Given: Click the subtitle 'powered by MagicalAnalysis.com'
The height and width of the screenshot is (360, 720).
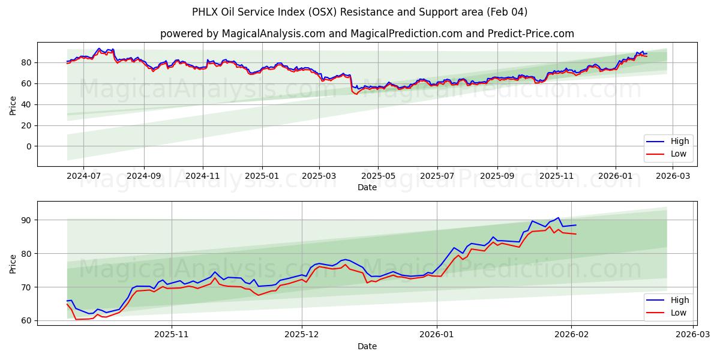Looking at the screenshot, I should (x=367, y=34).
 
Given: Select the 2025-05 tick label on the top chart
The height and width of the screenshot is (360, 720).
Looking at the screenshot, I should (x=378, y=176).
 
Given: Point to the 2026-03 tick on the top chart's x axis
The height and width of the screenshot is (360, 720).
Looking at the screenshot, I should (x=674, y=176).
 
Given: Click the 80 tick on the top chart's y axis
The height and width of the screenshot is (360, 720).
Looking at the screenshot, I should (x=26, y=62).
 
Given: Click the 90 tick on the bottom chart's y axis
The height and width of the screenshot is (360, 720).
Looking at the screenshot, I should (x=26, y=220).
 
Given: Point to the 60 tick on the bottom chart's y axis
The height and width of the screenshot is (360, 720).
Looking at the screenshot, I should (x=26, y=321).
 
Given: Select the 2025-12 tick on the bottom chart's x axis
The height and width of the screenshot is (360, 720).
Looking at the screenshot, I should (x=302, y=335).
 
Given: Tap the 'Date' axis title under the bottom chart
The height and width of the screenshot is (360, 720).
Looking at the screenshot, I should (x=367, y=346).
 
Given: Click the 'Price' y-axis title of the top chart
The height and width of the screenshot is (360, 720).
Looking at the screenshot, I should (x=13, y=104).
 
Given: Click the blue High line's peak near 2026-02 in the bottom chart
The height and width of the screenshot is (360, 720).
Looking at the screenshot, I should (x=558, y=218).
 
